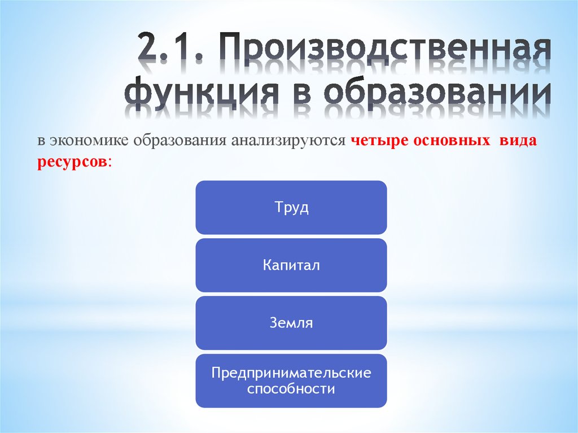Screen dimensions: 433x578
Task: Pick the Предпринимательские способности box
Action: tap(291, 381)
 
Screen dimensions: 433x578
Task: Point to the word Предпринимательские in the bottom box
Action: tap(291, 373)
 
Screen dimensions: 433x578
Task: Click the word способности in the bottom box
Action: tap(291, 389)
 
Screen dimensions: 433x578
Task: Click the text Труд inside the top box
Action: tap(291, 207)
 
